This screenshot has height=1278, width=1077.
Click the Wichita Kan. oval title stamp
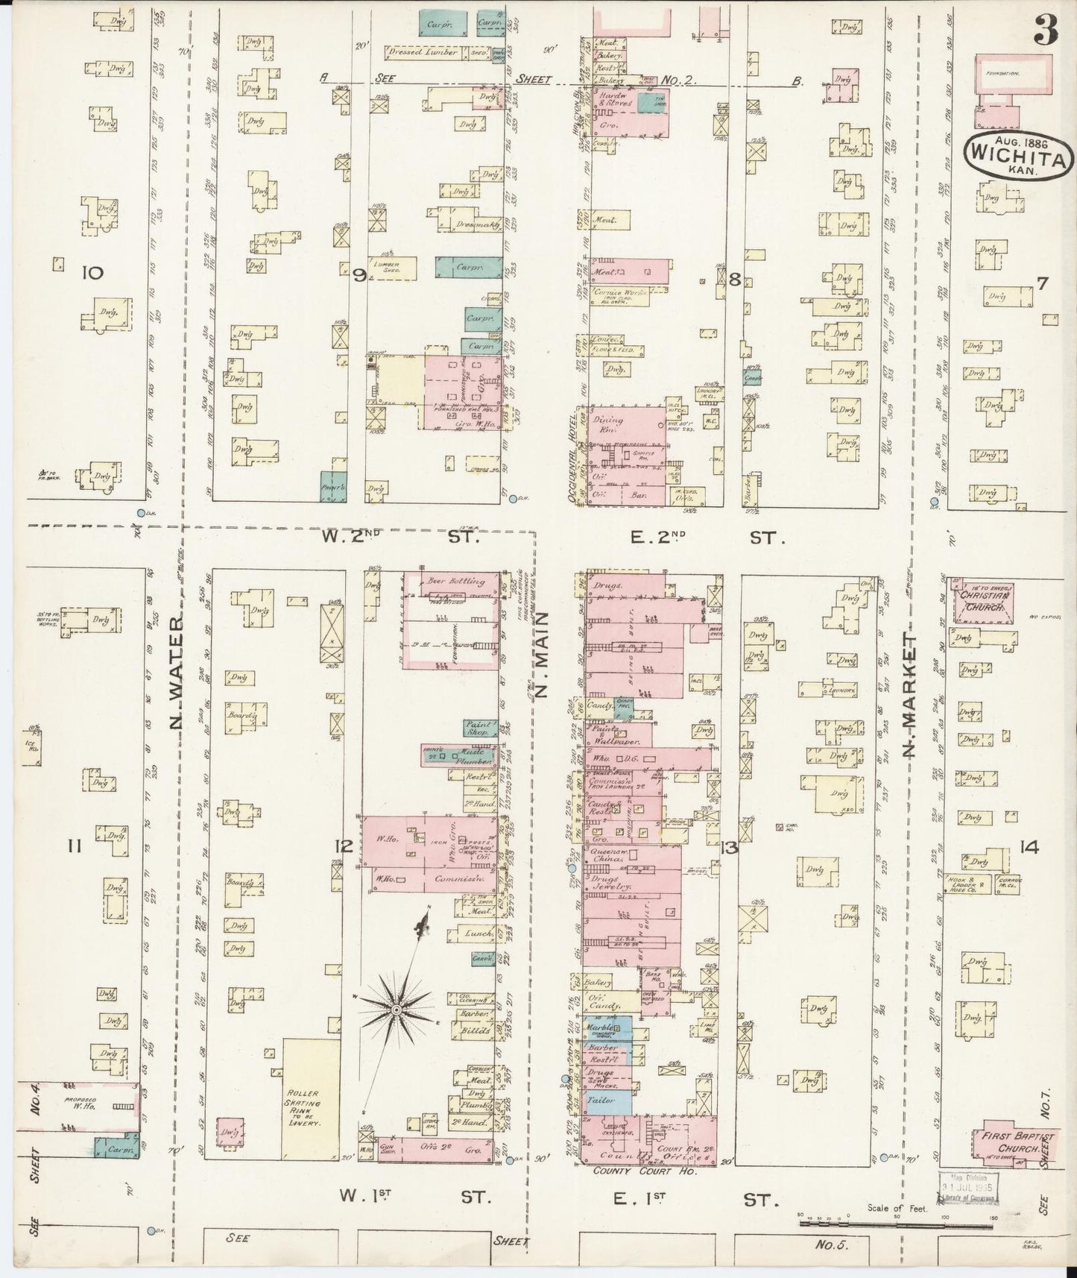(x=1020, y=155)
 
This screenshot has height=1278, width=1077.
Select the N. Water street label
(x=178, y=684)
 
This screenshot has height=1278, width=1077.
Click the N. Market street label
(x=909, y=695)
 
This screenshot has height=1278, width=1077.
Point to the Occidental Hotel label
(x=575, y=453)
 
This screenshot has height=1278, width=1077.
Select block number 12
(x=343, y=846)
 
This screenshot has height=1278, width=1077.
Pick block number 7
(x=1042, y=283)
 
